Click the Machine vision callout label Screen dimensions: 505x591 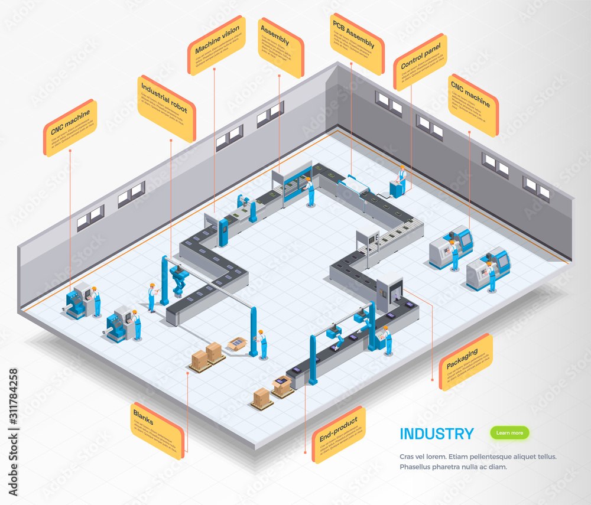[216, 45]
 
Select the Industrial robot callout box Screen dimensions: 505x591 [166, 109]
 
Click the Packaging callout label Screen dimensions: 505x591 [465, 361]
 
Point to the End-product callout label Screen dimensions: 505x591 [338, 434]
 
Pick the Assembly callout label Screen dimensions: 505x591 [280, 47]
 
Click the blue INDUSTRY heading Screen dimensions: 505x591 [436, 434]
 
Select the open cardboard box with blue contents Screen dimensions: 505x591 [237, 343]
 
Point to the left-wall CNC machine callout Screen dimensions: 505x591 [70, 128]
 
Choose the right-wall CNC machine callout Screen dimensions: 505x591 [473, 105]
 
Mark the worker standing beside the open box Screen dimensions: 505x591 [262, 344]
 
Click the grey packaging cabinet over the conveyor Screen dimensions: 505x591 [389, 289]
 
